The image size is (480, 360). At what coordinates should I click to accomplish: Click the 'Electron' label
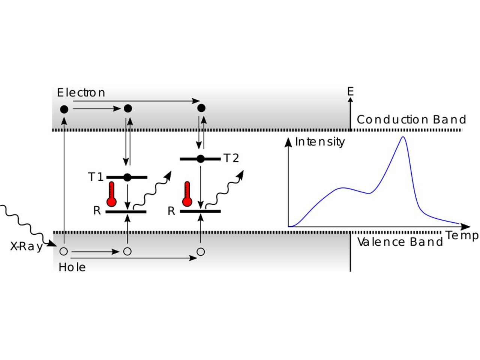point(81,93)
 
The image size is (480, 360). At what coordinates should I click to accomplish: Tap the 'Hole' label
point(72,267)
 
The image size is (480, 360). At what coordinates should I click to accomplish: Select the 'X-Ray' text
point(26,246)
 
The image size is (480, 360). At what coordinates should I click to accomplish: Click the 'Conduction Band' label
point(411,120)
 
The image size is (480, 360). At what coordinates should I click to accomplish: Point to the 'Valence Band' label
point(400,242)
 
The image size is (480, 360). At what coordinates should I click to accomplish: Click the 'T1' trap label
point(95,177)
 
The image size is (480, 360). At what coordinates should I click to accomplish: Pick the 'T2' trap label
point(231,158)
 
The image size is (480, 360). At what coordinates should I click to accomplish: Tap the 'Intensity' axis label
point(319,142)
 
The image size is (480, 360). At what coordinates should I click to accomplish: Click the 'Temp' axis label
point(462,235)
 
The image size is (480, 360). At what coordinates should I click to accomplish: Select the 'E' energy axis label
point(350,91)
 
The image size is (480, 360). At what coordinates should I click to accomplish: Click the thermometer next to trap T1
point(111,195)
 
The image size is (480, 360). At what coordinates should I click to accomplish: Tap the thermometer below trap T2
point(187,195)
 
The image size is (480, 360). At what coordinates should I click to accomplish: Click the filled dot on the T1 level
point(127,177)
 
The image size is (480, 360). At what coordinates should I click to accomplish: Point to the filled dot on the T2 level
point(201,159)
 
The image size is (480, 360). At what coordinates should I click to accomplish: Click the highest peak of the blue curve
point(403,137)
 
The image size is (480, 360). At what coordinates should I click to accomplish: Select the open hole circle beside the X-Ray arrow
point(64,251)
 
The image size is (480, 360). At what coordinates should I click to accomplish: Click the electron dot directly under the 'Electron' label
point(64,109)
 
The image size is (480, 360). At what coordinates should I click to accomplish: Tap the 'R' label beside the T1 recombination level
point(97,211)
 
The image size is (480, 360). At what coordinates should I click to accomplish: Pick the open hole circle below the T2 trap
point(201,251)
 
